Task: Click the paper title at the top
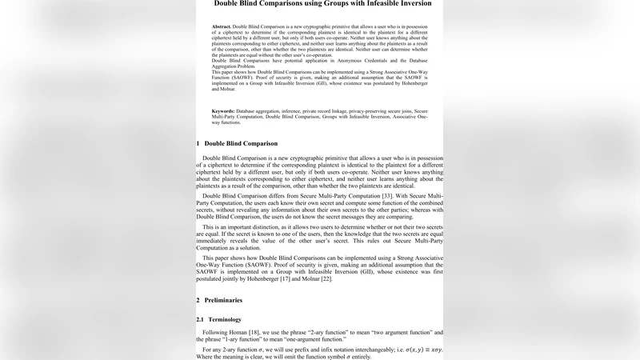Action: [x=322, y=4]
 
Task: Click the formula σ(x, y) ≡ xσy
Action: [x=419, y=349]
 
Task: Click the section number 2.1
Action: [x=202, y=319]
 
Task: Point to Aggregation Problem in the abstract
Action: [x=236, y=66]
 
